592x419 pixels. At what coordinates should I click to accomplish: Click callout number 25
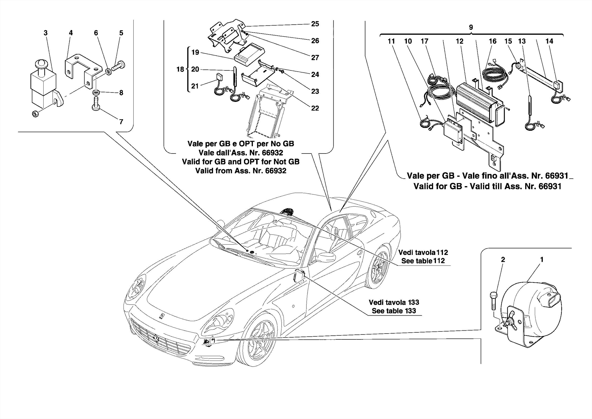(315, 24)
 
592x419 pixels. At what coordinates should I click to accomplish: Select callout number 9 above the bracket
(471, 28)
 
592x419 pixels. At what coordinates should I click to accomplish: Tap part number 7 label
(121, 122)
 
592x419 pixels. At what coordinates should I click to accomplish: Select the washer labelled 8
(96, 93)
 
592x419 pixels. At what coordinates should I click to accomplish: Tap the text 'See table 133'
(394, 311)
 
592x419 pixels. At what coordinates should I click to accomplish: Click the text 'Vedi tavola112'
(423, 253)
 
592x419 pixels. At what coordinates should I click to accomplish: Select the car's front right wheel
(257, 339)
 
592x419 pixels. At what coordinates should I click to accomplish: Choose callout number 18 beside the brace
(180, 69)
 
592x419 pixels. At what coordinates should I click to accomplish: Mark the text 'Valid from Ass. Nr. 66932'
(240, 171)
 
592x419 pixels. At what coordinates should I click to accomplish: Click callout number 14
(549, 41)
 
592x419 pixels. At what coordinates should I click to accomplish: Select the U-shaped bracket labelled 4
(82, 69)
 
